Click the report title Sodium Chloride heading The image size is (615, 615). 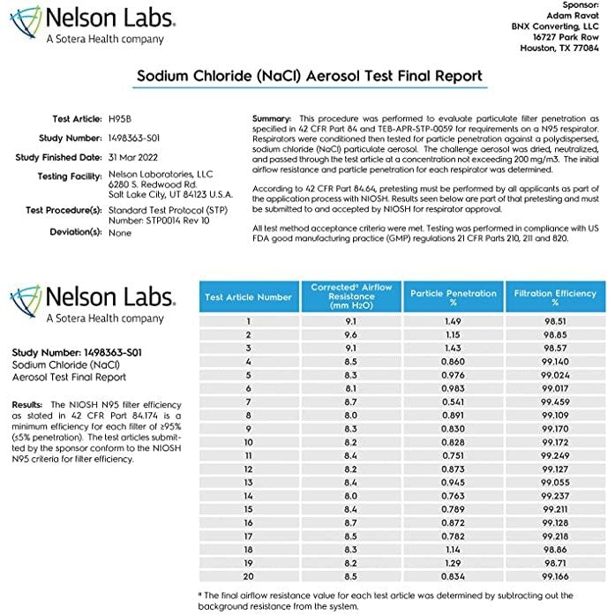coord(309,77)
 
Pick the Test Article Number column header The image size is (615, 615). coord(249,297)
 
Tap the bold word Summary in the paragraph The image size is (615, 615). coord(272,118)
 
